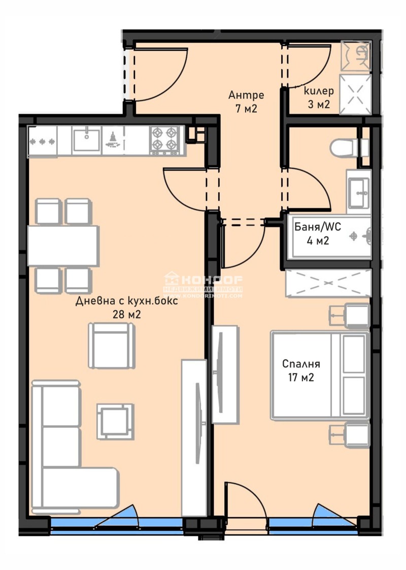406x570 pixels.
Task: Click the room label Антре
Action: coord(246,94)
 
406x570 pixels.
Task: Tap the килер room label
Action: coord(319,91)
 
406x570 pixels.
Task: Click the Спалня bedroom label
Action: coord(301,364)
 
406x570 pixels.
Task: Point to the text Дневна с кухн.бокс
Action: coord(126,301)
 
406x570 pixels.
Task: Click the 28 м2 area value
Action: coord(126,314)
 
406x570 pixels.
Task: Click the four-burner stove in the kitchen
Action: coord(166,141)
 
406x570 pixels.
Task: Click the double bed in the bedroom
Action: coord(319,375)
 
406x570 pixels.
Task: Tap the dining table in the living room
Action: coord(63,246)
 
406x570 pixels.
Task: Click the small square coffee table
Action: coord(115,421)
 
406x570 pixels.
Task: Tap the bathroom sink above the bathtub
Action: coord(359,191)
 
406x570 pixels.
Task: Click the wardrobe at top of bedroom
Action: coord(328,283)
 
